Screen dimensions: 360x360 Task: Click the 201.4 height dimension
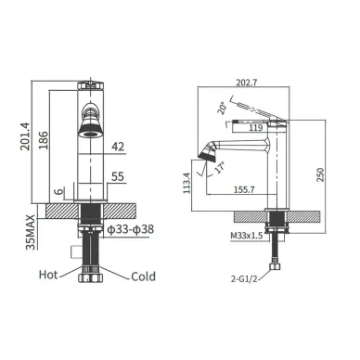click(25, 136)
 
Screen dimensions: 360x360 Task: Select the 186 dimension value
click(44, 140)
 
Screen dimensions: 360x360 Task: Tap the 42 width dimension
click(118, 147)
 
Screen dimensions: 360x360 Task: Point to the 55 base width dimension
click(118, 176)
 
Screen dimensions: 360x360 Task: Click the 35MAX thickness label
click(31, 232)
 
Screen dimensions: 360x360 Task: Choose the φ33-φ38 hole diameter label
click(130, 229)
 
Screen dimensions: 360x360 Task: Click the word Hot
click(48, 275)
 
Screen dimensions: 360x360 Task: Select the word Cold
click(143, 276)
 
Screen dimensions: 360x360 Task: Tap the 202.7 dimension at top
click(247, 83)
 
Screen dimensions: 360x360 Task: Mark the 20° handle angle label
click(223, 109)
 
